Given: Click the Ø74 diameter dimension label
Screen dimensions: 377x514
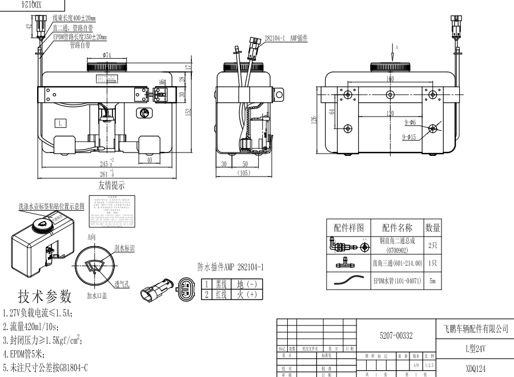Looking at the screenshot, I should click(x=107, y=55).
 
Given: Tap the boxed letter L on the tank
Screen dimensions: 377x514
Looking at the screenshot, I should click(x=61, y=122).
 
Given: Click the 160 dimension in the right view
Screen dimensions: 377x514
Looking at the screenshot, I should click(x=389, y=79).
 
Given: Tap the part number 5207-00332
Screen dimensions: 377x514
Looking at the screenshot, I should click(x=396, y=335).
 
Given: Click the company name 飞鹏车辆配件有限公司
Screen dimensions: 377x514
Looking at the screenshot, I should click(x=475, y=329).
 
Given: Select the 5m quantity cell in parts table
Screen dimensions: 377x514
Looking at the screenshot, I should click(x=432, y=281).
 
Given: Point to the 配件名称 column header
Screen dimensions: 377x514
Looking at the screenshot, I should click(x=397, y=227).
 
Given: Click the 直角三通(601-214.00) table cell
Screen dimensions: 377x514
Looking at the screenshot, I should click(x=397, y=263).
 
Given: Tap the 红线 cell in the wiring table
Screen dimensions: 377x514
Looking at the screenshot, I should click(x=220, y=294).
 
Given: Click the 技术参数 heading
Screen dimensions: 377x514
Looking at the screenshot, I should click(x=45, y=296).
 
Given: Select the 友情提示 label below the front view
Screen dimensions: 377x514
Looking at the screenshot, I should click(x=111, y=185).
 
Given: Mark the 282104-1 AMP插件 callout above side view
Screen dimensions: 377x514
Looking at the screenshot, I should click(x=286, y=38).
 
